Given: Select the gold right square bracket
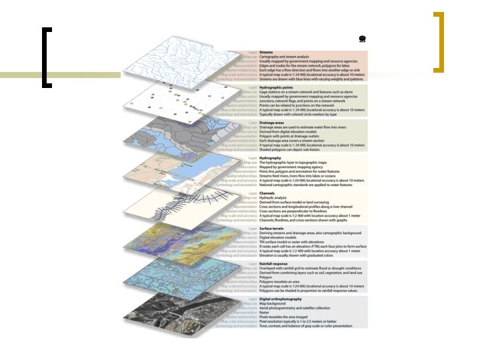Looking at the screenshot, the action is pos(439,41).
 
